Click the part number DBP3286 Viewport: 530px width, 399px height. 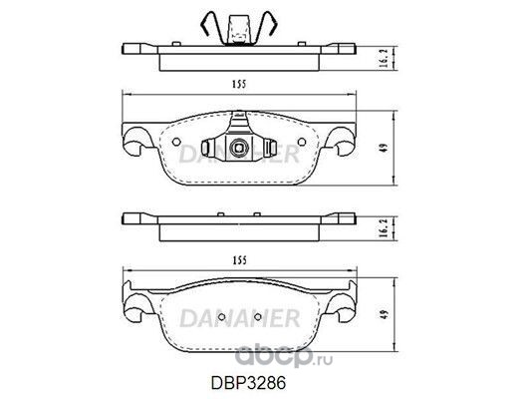point(248,383)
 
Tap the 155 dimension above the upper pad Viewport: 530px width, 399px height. point(239,84)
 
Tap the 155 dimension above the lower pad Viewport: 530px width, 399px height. point(239,260)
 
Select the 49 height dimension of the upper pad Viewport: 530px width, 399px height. point(385,148)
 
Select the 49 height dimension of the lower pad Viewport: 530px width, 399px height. point(385,315)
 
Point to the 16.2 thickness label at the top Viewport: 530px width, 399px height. point(384,58)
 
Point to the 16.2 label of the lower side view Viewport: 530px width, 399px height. point(384,227)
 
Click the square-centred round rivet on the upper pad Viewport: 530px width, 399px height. point(238,148)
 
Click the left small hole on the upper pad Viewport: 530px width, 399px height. point(176,142)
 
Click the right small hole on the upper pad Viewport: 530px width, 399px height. point(302,142)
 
